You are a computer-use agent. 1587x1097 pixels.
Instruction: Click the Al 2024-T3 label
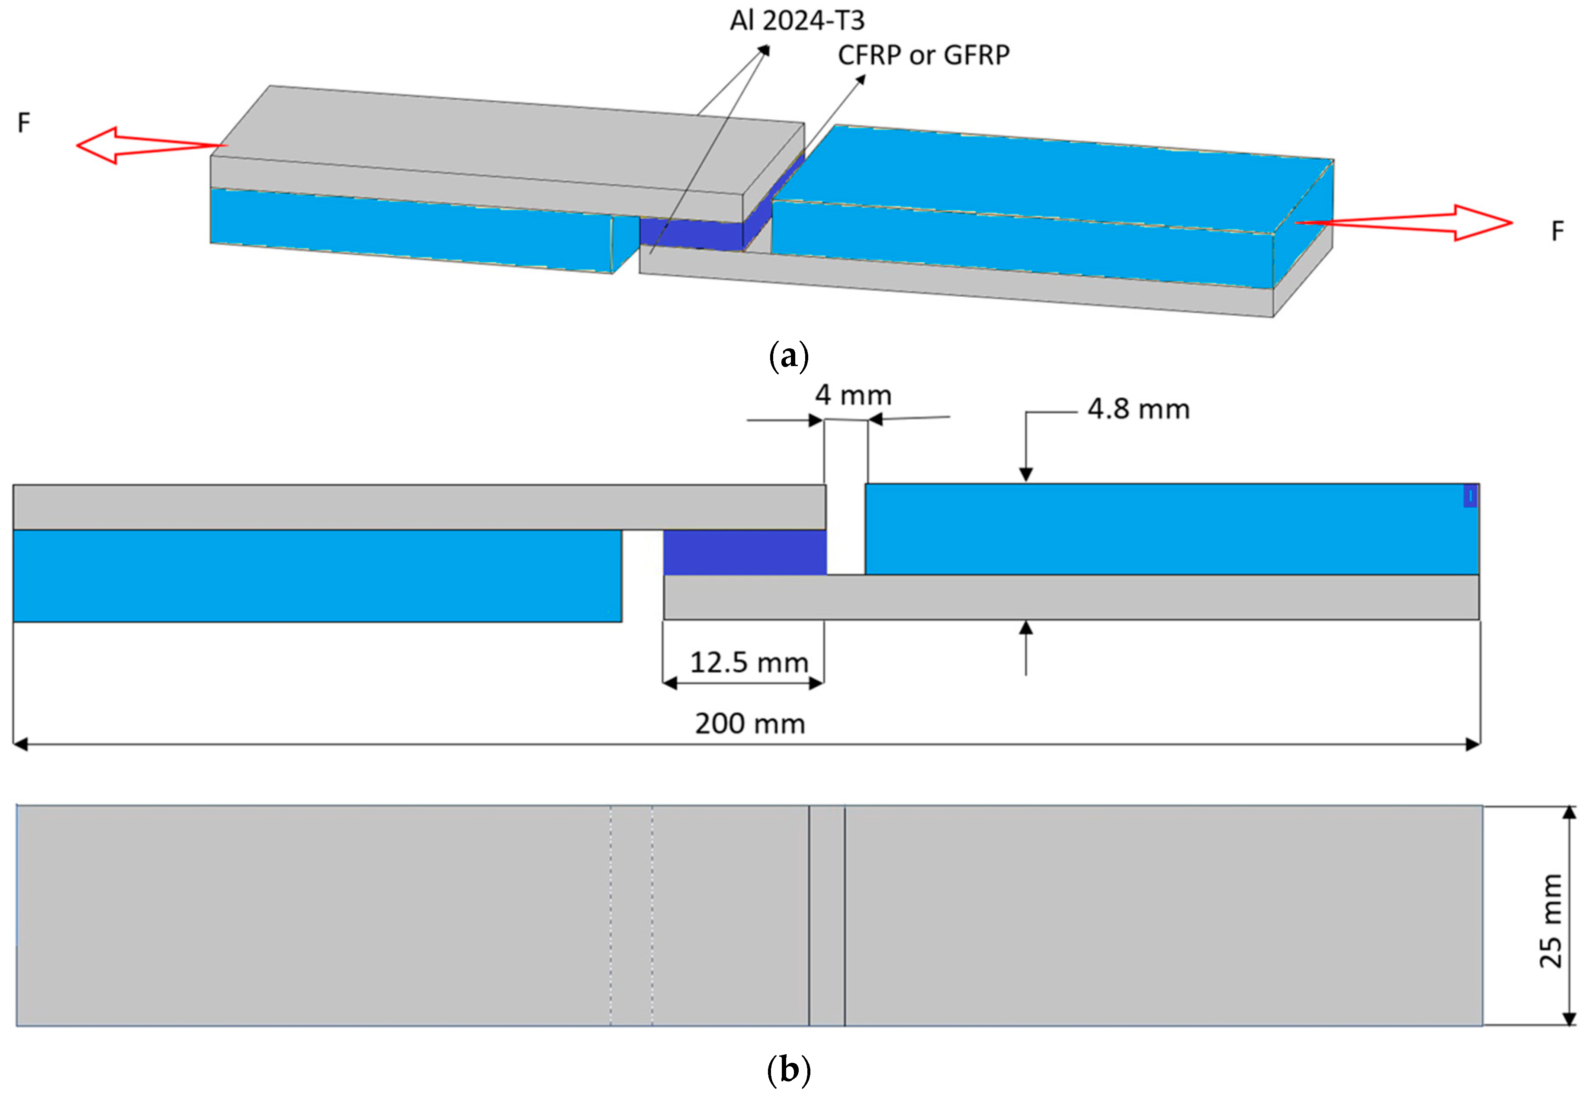click(797, 21)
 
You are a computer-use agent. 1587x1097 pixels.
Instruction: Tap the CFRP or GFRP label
click(923, 55)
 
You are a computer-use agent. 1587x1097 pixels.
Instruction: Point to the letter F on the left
click(24, 123)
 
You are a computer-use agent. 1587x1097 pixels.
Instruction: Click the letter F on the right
click(1558, 231)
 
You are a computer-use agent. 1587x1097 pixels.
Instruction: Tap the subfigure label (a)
click(789, 357)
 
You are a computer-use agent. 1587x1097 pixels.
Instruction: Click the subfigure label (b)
click(789, 1069)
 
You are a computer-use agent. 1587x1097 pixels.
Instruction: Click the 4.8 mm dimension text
click(1138, 410)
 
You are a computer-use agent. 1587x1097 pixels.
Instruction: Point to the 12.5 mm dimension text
click(749, 663)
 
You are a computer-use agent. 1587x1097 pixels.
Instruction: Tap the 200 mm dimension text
click(749, 724)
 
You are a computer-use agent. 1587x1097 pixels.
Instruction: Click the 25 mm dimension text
click(1551, 920)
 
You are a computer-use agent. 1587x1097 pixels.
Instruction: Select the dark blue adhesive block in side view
click(745, 552)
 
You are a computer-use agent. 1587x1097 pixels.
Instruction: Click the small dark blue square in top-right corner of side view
click(1469, 496)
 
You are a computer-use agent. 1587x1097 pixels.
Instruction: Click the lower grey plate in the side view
click(1072, 597)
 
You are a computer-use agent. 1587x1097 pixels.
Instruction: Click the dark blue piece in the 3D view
click(691, 232)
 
